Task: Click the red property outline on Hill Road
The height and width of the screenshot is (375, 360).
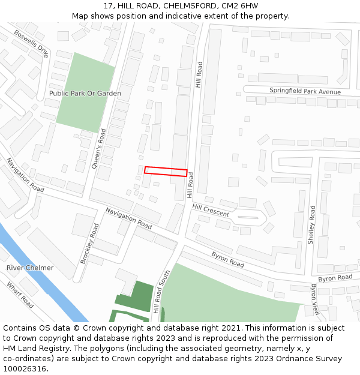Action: click(166, 171)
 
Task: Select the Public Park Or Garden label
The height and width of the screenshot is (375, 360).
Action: click(85, 94)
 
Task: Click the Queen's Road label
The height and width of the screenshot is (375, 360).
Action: click(98, 149)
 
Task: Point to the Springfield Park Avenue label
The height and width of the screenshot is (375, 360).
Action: click(305, 91)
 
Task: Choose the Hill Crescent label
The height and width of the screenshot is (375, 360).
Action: click(211, 210)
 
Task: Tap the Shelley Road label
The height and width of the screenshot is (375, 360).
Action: click(311, 225)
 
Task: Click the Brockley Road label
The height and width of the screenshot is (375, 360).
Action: click(89, 244)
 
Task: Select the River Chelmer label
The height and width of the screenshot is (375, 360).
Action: click(30, 268)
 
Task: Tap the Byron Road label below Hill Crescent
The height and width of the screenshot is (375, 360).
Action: click(227, 259)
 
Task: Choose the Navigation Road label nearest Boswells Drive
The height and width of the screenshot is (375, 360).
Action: click(25, 175)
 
